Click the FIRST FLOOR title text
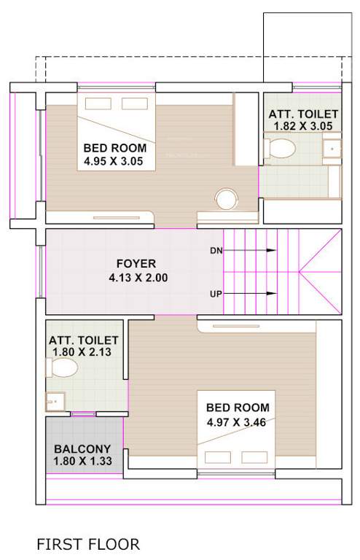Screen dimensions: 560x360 (x=88, y=544)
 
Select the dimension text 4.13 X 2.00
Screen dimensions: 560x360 (x=136, y=277)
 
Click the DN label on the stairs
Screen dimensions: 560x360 (x=216, y=250)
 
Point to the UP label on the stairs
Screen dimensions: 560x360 (x=216, y=294)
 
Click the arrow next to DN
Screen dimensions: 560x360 (x=251, y=250)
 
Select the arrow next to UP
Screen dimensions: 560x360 (x=251, y=294)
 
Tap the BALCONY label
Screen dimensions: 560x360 (x=82, y=449)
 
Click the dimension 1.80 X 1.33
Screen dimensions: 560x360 (x=82, y=462)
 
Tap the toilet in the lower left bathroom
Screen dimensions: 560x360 (x=63, y=368)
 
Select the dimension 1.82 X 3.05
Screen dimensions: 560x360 (x=303, y=126)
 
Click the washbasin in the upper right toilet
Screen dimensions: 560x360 (x=332, y=149)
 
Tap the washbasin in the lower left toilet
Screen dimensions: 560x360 (x=55, y=400)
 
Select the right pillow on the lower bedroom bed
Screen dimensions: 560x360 (x=254, y=457)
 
